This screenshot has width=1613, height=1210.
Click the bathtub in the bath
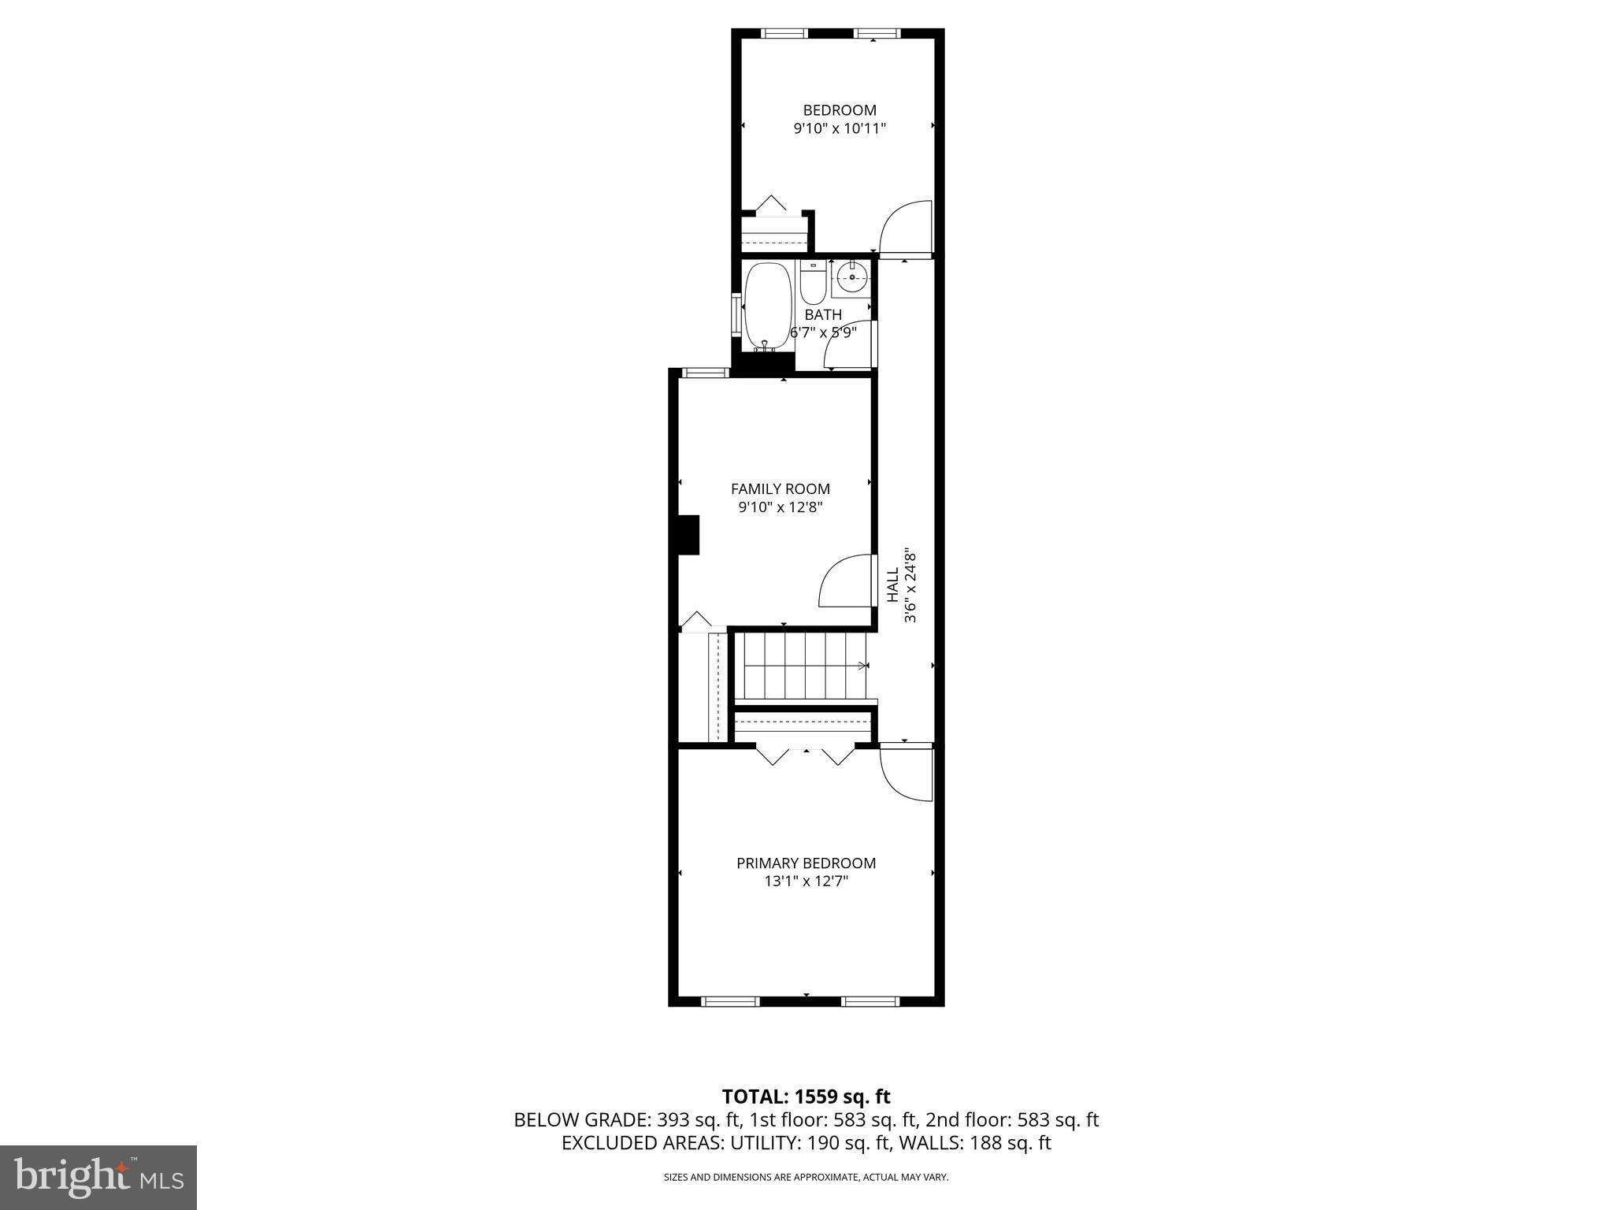[766, 307]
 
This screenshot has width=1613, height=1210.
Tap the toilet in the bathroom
[812, 287]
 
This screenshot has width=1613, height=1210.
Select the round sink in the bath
[852, 277]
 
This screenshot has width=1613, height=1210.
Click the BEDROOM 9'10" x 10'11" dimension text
[840, 128]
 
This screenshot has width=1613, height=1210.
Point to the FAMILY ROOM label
[780, 489]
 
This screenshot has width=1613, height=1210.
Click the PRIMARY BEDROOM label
[806, 863]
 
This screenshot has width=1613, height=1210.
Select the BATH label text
[823, 315]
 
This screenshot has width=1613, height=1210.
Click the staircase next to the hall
[803, 666]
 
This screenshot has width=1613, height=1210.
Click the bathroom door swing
[851, 346]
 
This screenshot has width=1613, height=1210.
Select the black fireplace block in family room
[689, 535]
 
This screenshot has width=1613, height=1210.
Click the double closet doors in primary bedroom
[805, 755]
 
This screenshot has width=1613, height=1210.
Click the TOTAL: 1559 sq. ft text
[806, 1097]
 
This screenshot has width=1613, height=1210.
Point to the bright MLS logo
[98, 1178]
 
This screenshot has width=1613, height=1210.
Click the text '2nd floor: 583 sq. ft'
[1011, 1119]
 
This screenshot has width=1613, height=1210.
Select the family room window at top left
[704, 373]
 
